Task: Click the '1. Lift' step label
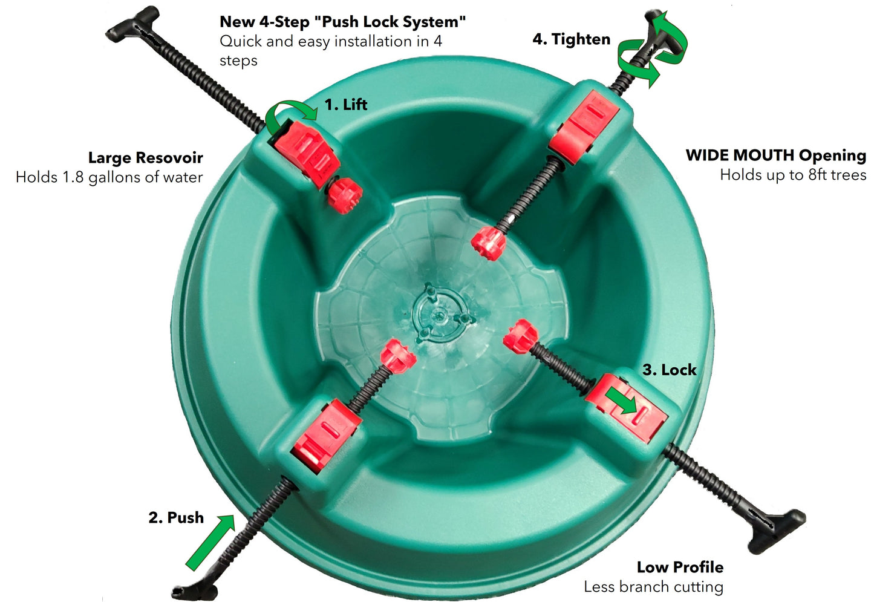[x=346, y=105]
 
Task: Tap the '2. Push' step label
[x=177, y=518]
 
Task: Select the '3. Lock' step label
[x=669, y=370]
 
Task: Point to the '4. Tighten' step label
[x=571, y=39]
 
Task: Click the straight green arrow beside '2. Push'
[x=210, y=542]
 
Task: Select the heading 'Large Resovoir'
[x=146, y=158]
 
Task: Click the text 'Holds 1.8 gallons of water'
[x=109, y=177]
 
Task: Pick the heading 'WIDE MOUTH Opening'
[x=775, y=155]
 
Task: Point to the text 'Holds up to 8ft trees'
[x=793, y=175]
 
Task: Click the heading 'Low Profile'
[x=680, y=568]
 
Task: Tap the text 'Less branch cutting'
[x=654, y=587]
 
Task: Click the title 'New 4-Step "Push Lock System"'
[x=343, y=22]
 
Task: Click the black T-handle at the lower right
[x=777, y=532]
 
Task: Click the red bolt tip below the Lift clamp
[x=345, y=195]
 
